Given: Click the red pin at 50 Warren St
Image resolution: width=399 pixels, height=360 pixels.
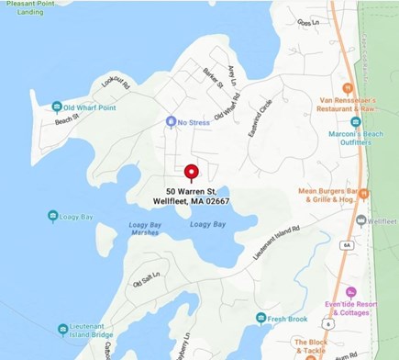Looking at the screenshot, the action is [x=192, y=173].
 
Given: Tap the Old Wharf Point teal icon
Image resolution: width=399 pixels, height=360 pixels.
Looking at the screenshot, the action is [x=57, y=107].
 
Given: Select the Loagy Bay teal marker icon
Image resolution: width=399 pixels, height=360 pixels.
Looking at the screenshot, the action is [x=53, y=216].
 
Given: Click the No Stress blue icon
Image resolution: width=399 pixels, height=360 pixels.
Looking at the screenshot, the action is [x=171, y=121].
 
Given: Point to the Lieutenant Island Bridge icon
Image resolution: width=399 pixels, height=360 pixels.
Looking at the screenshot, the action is [x=62, y=328].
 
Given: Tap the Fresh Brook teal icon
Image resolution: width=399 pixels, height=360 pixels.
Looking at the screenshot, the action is [x=261, y=318].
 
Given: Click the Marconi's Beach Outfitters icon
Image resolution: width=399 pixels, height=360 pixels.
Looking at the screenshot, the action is [x=356, y=121].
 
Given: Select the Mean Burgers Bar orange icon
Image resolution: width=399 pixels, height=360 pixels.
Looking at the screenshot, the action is [x=364, y=193].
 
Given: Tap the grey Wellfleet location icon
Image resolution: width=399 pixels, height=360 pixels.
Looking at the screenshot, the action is [x=361, y=220].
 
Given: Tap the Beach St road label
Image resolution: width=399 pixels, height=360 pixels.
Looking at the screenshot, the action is [x=67, y=120].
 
